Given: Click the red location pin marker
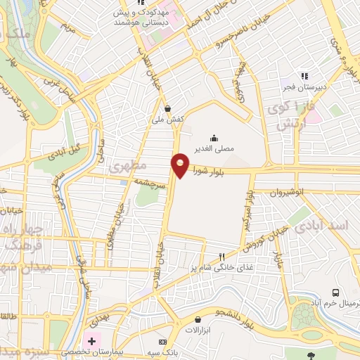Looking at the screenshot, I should click(181, 165).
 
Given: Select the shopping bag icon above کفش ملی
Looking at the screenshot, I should click(167, 109).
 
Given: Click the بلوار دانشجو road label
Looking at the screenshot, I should click(234, 316).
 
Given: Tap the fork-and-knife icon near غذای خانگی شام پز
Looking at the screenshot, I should click(222, 257).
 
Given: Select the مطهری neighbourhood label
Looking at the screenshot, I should click(127, 166).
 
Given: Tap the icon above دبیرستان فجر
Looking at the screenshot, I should click(304, 76).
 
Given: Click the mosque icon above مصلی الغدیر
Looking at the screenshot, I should click(213, 137).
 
